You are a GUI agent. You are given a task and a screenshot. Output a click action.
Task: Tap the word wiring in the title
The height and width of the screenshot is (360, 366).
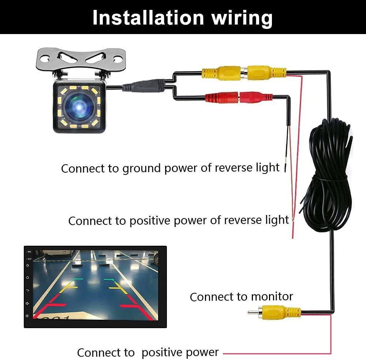[x=238, y=17]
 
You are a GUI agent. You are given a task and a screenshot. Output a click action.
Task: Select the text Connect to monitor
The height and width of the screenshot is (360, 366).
[x=241, y=296]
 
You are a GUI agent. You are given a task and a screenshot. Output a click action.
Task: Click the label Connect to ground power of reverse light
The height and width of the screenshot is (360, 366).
[x=170, y=168]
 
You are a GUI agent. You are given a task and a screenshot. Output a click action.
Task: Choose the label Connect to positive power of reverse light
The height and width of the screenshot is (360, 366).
[x=178, y=220]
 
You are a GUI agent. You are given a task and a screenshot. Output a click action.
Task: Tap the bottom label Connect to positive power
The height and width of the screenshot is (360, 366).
[x=148, y=352]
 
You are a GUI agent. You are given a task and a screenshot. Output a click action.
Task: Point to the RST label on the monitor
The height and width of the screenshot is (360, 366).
[x=29, y=259]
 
